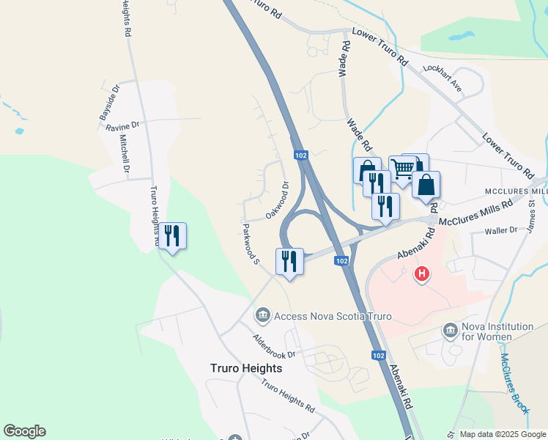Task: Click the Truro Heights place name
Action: (245, 368)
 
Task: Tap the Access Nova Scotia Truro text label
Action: (333, 316)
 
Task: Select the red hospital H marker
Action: (421, 275)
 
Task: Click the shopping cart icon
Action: (402, 169)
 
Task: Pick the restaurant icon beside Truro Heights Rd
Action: (172, 236)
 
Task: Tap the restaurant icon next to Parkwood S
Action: (289, 261)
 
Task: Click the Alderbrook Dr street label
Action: (273, 345)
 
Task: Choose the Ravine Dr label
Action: (122, 127)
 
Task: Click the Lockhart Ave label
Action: (442, 76)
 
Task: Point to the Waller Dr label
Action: (502, 231)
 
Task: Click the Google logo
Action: (24, 431)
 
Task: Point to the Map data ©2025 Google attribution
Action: (503, 434)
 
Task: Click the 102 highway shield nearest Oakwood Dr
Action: (300, 155)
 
